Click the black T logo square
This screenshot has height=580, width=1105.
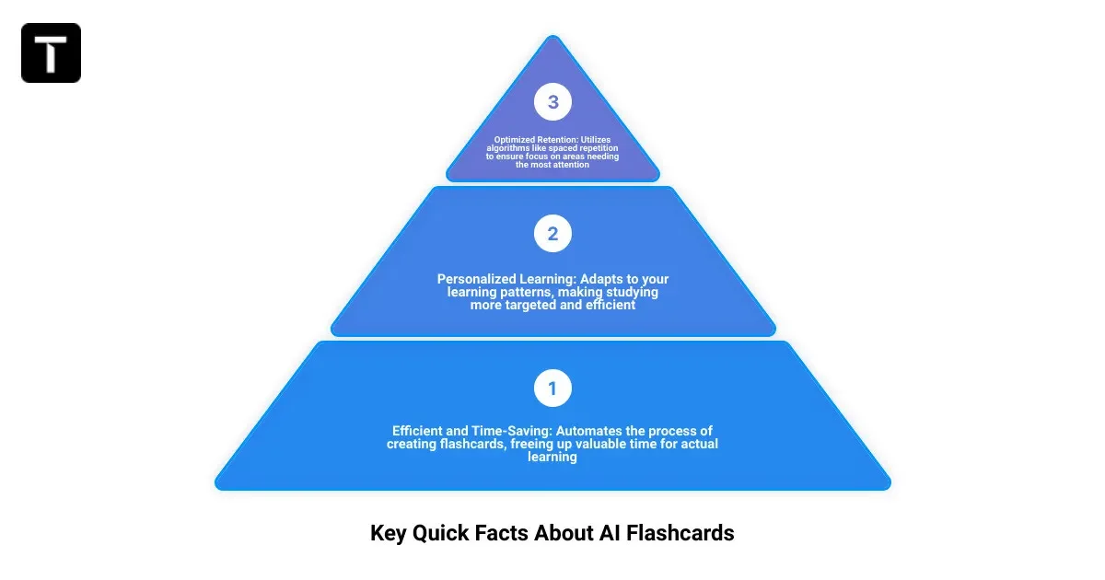tap(52, 52)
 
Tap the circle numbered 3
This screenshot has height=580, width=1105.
tap(552, 102)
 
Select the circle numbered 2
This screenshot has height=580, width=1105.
tap(552, 234)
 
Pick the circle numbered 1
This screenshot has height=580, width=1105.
tap(552, 389)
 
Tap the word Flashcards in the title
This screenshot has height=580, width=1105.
tap(680, 533)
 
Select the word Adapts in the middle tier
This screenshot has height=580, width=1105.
tap(588, 279)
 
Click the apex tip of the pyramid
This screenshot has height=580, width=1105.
tap(552, 39)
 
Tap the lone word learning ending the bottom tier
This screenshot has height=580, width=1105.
tap(552, 457)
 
